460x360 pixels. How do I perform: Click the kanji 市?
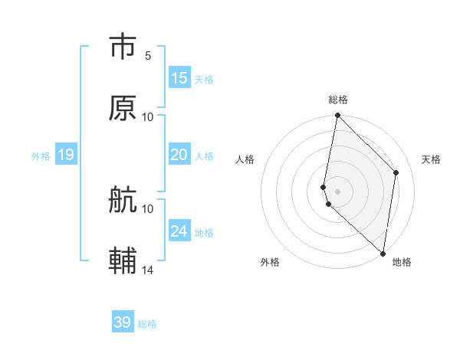click(x=123, y=47)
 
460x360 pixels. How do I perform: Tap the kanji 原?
click(x=123, y=108)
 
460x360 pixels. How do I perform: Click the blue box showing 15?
click(x=179, y=78)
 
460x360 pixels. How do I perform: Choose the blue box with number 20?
click(x=179, y=155)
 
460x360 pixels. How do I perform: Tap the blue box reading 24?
click(x=179, y=231)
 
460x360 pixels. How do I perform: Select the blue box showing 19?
click(x=66, y=155)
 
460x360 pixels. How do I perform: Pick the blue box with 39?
click(x=123, y=322)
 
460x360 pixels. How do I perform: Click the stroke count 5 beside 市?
click(x=148, y=56)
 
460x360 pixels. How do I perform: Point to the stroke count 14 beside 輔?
click(x=148, y=270)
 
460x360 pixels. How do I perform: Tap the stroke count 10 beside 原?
click(x=148, y=117)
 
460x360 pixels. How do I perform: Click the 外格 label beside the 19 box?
click(x=41, y=156)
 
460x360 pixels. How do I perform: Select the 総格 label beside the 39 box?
click(x=148, y=324)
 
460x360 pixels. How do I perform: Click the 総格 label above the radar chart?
click(x=338, y=100)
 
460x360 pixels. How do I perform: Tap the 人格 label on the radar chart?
click(x=245, y=159)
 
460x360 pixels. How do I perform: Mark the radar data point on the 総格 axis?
click(x=337, y=116)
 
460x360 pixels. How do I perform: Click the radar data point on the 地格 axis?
click(x=383, y=253)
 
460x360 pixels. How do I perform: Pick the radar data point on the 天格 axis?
click(x=396, y=172)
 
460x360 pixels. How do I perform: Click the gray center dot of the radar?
click(x=337, y=191)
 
